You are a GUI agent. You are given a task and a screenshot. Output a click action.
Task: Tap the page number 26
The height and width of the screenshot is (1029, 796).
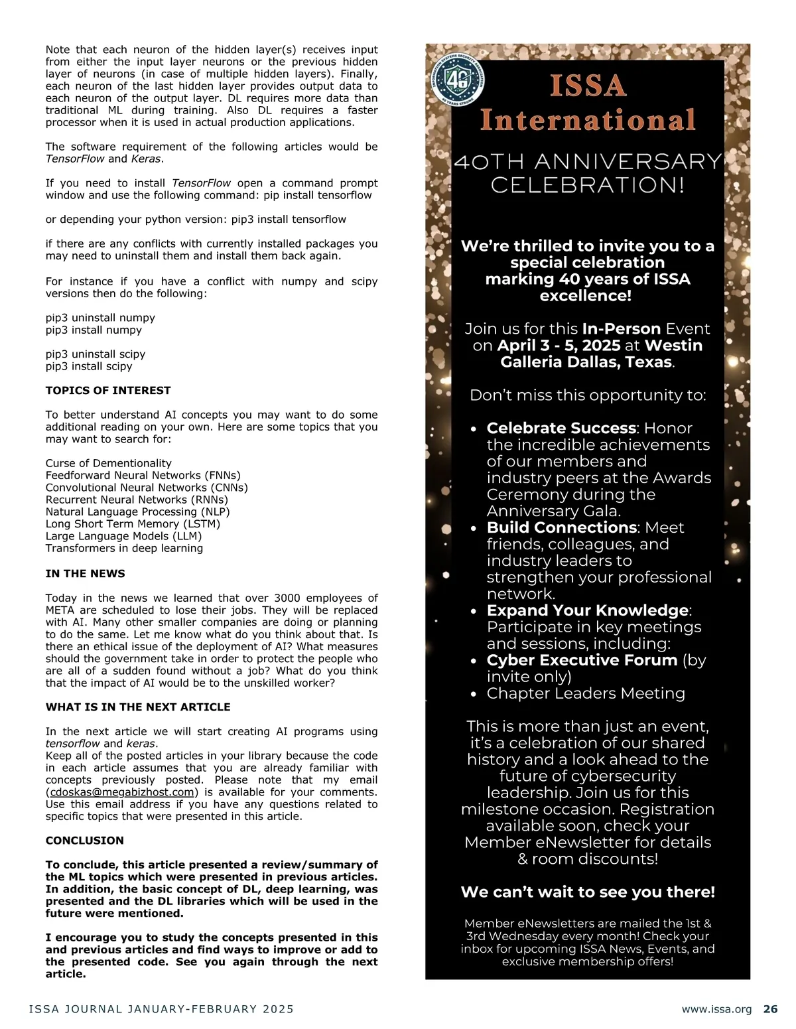pos(770,1009)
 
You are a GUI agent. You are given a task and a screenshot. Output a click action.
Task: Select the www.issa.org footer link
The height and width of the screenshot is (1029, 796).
pos(716,1010)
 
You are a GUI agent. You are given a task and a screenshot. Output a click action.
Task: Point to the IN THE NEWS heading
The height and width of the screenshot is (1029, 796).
pos(85,573)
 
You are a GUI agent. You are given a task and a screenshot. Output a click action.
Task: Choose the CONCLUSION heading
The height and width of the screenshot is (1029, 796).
pos(84,841)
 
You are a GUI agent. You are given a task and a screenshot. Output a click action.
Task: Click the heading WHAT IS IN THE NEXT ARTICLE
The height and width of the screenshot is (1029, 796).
pos(138,707)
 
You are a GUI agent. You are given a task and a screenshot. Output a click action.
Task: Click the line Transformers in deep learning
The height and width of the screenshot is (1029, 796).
pos(124,548)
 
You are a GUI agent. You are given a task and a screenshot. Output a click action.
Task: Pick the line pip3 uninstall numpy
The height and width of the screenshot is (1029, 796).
pos(100,318)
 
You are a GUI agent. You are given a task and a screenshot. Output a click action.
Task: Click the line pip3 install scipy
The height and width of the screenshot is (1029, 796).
pos(89,366)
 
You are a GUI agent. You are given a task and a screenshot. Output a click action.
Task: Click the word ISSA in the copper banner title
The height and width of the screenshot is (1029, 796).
pos(588,86)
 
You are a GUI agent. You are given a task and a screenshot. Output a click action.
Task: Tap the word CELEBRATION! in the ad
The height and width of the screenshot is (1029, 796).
pos(588,185)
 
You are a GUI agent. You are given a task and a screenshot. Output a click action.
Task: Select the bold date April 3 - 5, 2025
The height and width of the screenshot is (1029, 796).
pos(559,346)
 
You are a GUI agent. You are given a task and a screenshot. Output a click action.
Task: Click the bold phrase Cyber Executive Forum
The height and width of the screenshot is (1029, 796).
pos(582,660)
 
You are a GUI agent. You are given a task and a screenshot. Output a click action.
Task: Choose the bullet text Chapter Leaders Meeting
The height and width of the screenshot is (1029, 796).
pos(586,693)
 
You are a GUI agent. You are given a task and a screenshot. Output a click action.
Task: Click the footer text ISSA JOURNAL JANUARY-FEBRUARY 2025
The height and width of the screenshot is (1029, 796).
pos(161,1009)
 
